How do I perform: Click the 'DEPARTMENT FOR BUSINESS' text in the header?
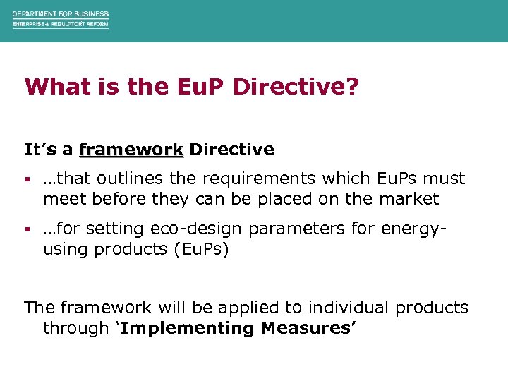(60, 13)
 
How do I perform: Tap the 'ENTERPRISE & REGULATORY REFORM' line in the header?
(60, 24)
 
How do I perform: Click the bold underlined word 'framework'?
(131, 150)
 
